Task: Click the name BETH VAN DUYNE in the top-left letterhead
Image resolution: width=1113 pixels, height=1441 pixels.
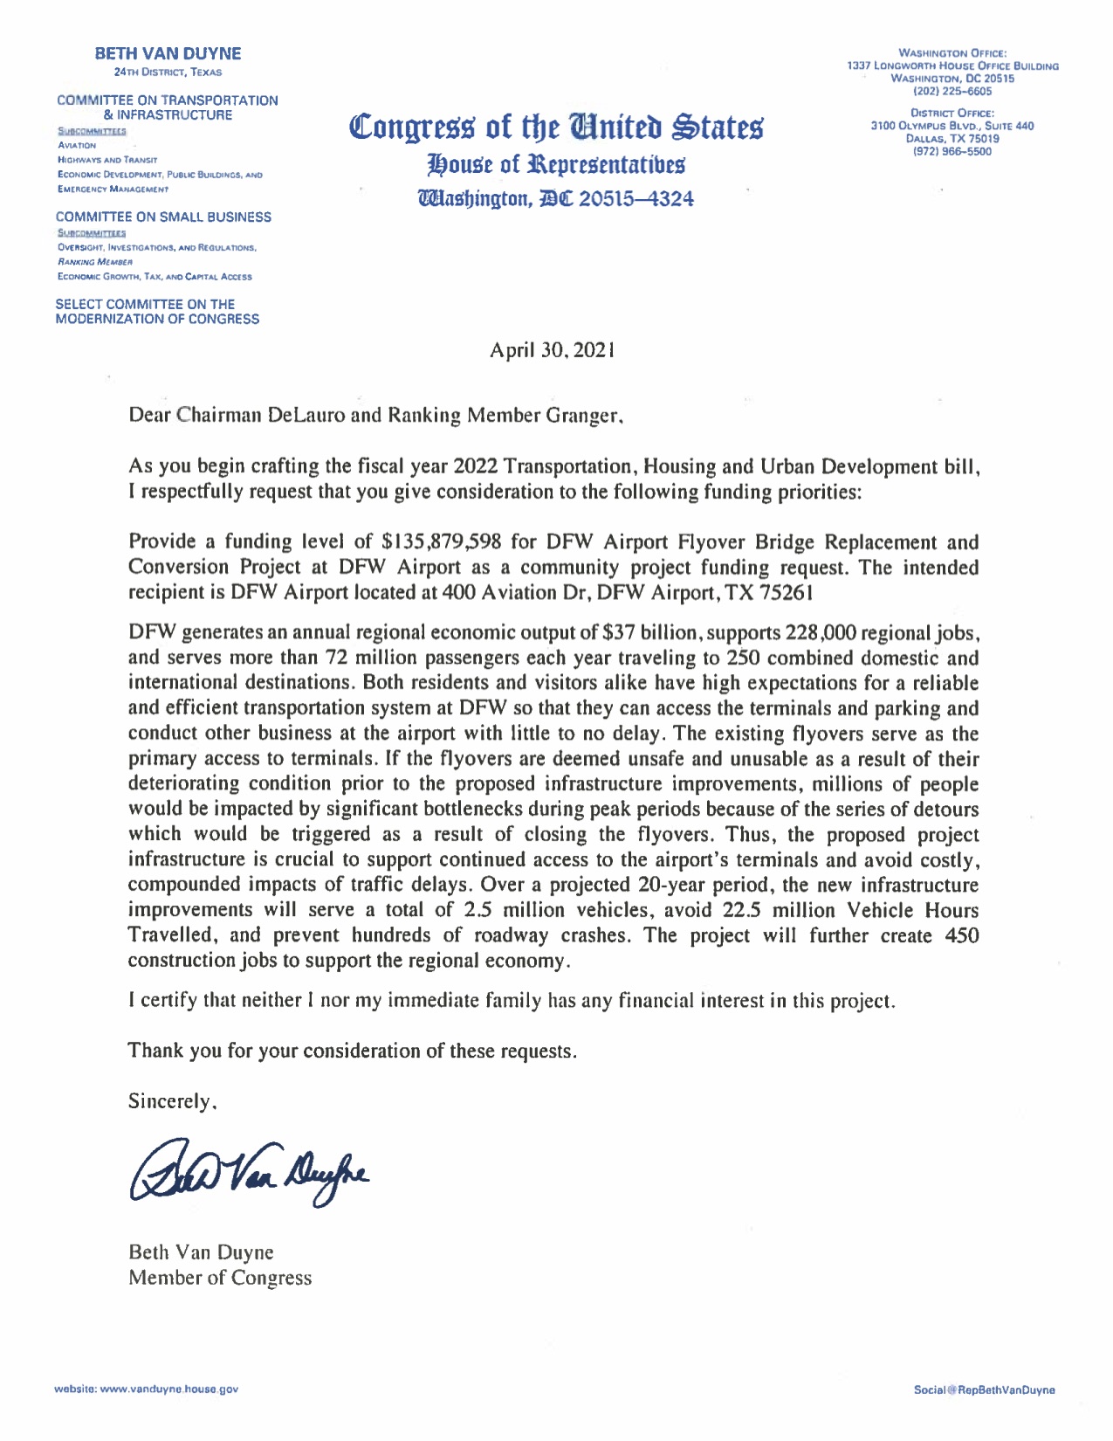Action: tap(168, 54)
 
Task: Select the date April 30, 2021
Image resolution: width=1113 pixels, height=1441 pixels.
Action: tap(552, 350)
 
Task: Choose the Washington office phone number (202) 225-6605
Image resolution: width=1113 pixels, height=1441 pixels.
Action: tap(952, 91)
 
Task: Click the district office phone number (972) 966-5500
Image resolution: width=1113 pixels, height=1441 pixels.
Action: tap(952, 151)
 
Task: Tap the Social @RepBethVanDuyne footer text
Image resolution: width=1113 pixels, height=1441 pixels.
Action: tap(984, 1389)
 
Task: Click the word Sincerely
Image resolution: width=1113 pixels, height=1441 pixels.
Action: tap(171, 1101)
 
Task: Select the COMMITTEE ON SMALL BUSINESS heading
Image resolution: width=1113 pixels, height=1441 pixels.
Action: tap(163, 217)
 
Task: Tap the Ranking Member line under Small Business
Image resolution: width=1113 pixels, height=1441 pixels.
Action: tap(94, 261)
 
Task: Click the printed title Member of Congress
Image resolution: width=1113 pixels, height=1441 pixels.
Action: tap(219, 1278)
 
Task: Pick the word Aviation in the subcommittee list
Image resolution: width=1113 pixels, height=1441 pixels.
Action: tap(77, 145)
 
